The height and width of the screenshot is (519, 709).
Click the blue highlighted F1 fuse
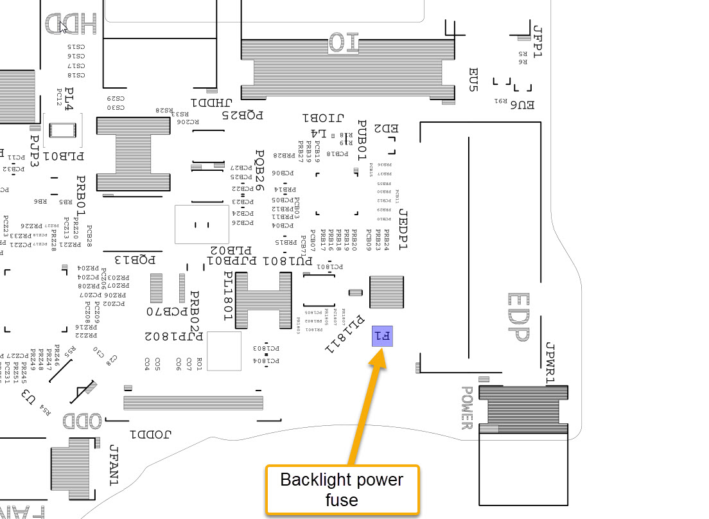point(382,335)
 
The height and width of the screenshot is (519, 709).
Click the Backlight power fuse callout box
point(342,489)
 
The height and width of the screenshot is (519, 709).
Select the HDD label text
point(71,25)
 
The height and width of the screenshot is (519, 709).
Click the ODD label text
point(82,421)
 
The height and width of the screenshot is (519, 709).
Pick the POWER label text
point(467,408)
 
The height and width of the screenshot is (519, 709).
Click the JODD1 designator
point(150,434)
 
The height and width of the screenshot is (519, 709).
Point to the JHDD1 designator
point(210,103)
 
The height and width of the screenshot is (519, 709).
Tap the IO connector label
point(347,42)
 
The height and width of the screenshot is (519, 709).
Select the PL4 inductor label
point(69,100)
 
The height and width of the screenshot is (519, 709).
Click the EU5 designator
point(473,80)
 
